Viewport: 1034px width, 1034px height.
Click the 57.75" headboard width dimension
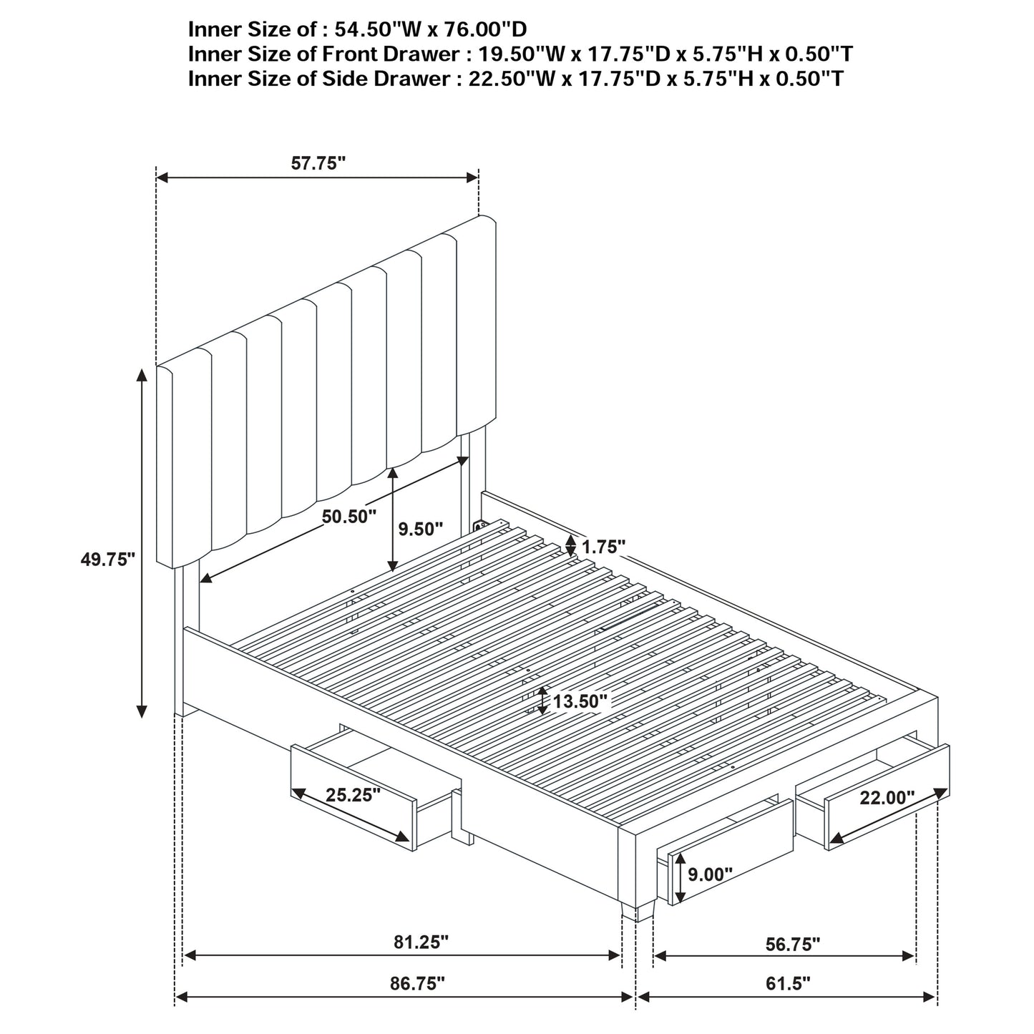point(318,163)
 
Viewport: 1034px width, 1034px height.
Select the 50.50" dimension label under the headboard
point(348,517)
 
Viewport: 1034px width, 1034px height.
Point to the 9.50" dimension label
point(421,529)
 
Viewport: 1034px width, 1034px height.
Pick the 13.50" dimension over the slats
point(580,701)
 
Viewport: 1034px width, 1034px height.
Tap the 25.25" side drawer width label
point(353,795)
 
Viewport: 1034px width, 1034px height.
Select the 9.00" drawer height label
point(710,874)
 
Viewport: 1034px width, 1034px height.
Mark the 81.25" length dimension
point(421,942)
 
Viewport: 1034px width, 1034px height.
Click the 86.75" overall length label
point(417,983)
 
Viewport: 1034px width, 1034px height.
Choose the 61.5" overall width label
point(788,983)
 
